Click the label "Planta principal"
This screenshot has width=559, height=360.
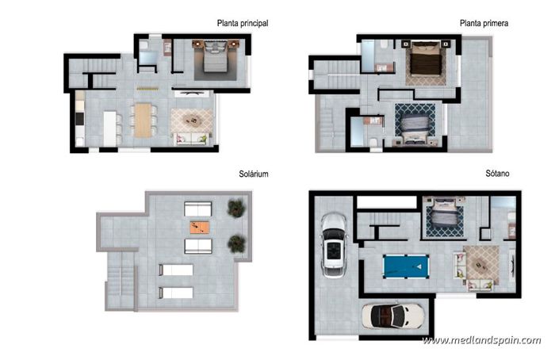pyautogui.click(x=242, y=24)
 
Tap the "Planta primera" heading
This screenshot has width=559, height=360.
pyautogui.click(x=484, y=24)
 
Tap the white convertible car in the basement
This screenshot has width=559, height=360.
pyautogui.click(x=391, y=316)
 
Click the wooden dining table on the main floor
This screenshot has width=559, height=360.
pyautogui.click(x=143, y=121)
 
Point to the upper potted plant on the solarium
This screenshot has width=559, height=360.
pyautogui.click(x=235, y=208)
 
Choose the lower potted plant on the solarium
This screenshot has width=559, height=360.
pyautogui.click(x=235, y=243)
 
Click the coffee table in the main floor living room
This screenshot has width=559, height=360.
pyautogui.click(x=191, y=120)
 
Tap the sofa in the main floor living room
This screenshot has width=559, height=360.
pyautogui.click(x=191, y=140)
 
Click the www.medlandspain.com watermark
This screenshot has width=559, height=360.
pyautogui.click(x=481, y=340)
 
